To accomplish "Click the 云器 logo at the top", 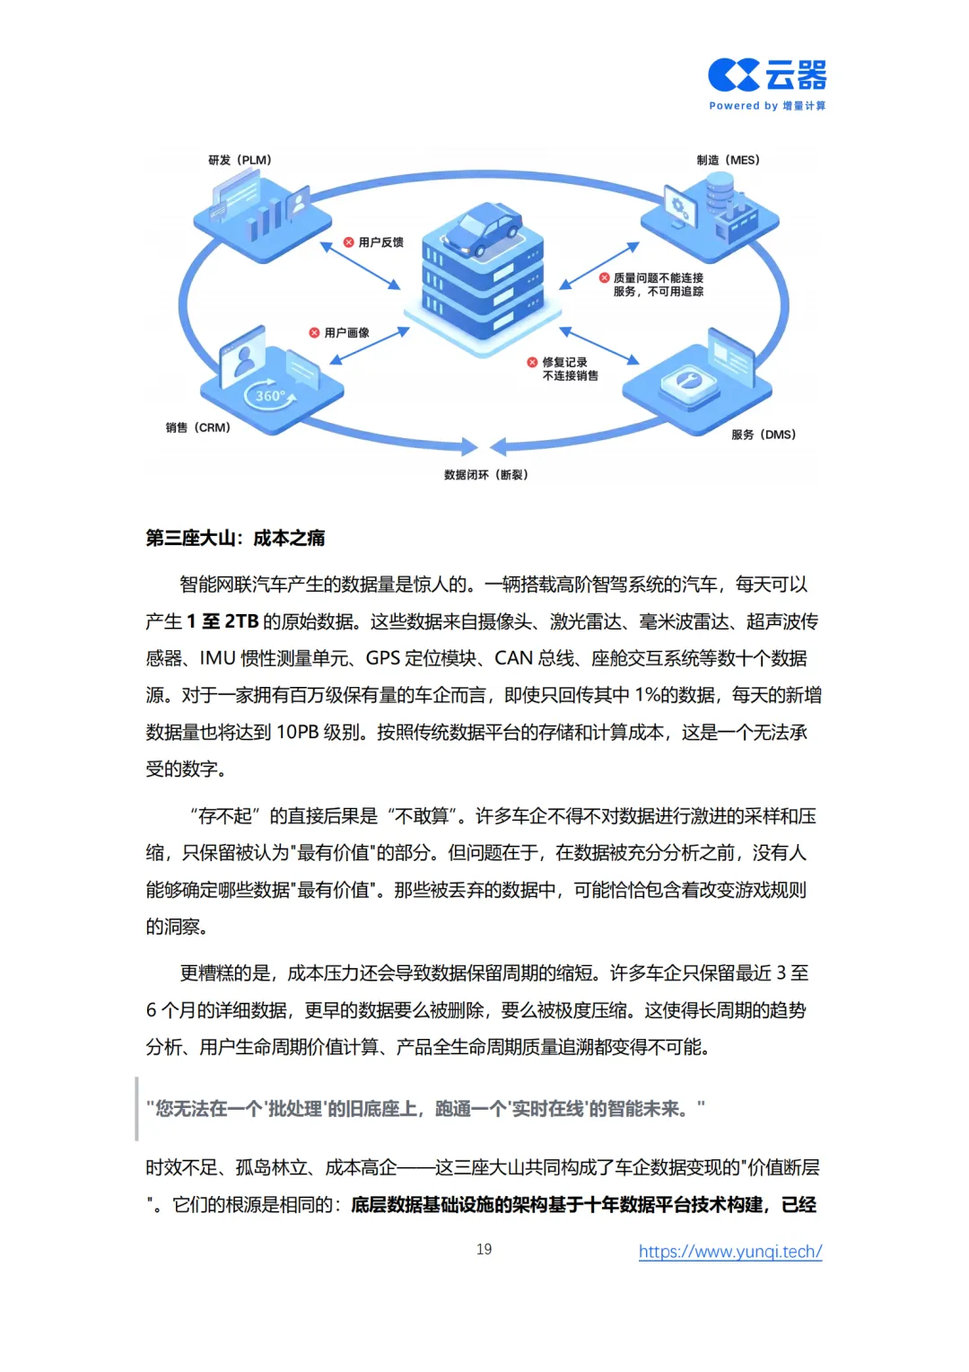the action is coord(767,75).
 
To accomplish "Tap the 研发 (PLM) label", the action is coord(240,160).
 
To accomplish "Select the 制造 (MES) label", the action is coord(728,160).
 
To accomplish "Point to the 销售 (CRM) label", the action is coord(197,427).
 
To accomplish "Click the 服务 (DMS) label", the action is coord(764,435).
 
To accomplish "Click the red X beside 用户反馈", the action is coord(349,242).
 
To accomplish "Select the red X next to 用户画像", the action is coord(314,333).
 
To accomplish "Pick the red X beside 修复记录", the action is coord(532,363).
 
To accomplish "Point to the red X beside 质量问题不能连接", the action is coord(604,278).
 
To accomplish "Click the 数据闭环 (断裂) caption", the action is coord(485,475).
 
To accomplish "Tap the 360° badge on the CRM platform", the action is coord(270,396).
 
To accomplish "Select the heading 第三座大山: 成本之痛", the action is coord(235,538).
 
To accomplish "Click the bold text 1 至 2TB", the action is coord(223,621).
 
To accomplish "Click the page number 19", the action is coord(484,1249).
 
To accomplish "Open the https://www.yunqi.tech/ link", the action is coord(730,1251).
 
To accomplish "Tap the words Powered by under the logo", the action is coord(743,106).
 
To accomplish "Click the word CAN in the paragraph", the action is coord(514,658).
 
